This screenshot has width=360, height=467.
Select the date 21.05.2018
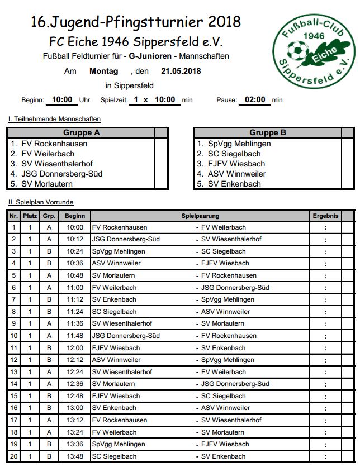181,71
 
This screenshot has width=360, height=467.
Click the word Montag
103,71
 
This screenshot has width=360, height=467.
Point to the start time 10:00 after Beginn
62,100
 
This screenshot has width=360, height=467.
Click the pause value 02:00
254,100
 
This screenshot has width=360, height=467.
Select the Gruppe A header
82,133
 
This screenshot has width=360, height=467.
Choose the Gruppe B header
268,133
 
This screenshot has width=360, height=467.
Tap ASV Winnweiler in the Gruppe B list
238,174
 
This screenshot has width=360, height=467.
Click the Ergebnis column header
325,216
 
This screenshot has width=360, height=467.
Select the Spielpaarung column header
200,216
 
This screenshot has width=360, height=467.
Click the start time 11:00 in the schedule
74,288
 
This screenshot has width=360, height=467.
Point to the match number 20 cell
14,456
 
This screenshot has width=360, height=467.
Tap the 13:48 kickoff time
74,456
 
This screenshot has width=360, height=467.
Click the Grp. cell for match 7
49,300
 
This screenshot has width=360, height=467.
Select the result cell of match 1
325,228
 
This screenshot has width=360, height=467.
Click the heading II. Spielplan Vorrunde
41,202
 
